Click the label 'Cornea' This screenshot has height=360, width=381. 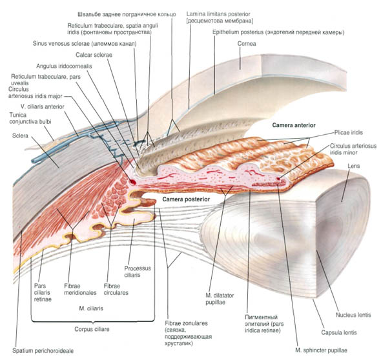point(247,44)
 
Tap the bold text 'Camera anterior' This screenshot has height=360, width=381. point(294,125)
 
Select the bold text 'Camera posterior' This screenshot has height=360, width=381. point(186,199)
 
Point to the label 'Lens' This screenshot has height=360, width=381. point(353,166)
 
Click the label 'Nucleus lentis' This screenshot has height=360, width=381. point(353,315)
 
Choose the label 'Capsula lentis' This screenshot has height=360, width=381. point(339,332)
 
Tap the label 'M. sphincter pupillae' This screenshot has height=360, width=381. point(321,350)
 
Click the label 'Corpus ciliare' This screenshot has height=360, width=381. point(92,329)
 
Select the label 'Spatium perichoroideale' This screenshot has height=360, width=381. point(43,351)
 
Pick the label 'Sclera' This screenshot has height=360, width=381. point(20,135)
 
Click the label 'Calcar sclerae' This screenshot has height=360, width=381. point(94,55)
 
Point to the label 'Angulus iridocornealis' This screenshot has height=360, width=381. point(64,66)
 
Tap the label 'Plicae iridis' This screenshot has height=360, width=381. point(349,132)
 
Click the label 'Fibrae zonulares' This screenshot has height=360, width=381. point(186,323)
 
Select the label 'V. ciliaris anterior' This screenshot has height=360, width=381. point(42,106)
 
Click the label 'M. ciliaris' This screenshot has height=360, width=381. point(91,308)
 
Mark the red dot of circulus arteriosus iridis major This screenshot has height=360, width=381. point(132,182)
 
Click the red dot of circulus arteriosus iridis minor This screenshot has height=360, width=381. point(278,179)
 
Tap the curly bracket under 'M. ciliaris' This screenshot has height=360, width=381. point(93,321)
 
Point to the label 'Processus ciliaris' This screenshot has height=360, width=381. point(138,272)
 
